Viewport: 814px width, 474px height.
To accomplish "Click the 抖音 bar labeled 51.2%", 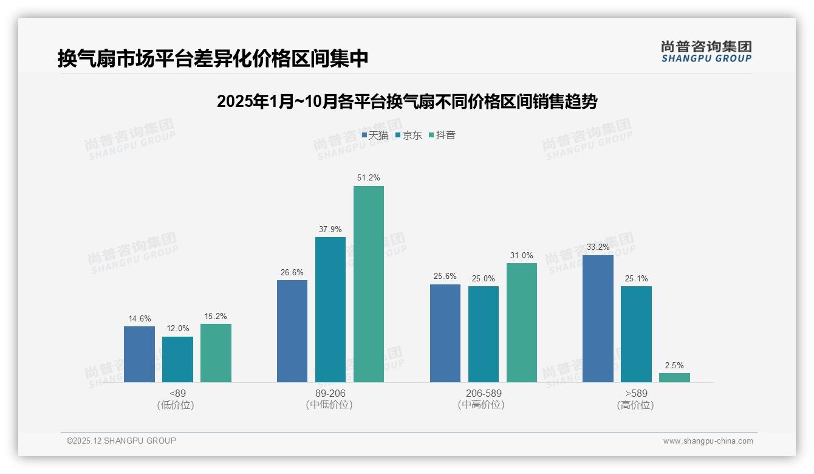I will coord(369,284).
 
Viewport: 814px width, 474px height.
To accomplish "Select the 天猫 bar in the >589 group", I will coord(598,318).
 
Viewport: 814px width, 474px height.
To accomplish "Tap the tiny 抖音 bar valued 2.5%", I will coord(674,377).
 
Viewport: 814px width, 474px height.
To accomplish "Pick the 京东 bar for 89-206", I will coord(330,309).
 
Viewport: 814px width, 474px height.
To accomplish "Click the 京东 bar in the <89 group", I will coord(177,359).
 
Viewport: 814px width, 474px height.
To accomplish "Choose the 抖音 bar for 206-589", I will coord(522,322).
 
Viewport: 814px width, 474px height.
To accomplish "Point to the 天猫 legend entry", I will coord(375,136).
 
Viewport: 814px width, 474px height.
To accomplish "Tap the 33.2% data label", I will coord(598,247).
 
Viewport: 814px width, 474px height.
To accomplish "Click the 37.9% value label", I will coord(330,229).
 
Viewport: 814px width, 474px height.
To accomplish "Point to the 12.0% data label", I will coord(177,329).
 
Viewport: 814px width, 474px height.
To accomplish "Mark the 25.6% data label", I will coord(445,276).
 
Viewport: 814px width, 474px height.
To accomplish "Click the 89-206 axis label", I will coord(330,393).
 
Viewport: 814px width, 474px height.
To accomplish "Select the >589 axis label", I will coord(636,393).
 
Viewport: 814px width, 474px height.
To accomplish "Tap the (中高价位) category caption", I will coord(484,405).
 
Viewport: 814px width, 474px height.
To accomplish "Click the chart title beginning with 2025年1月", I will coord(407,101).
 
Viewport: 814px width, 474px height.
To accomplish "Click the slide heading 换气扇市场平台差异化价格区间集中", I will coord(213,59).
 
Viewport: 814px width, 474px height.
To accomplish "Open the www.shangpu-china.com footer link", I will coord(708,441).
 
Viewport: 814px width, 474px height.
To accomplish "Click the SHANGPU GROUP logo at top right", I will coord(706,52).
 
